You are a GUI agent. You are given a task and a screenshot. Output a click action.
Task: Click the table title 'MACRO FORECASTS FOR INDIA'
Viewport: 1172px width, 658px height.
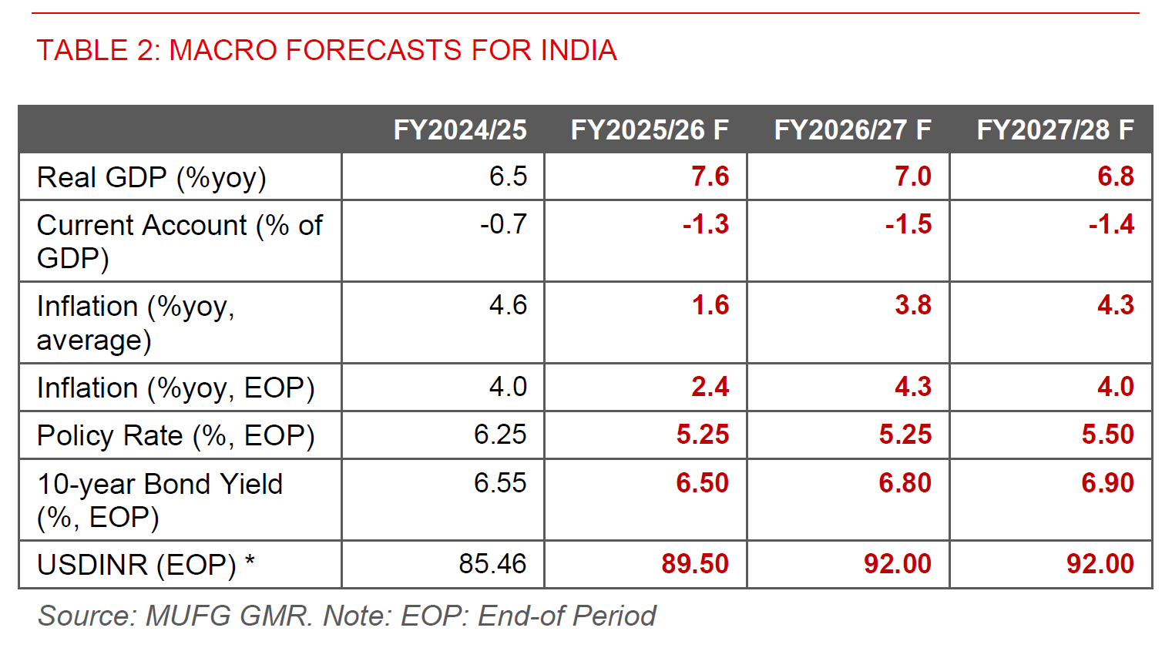(327, 50)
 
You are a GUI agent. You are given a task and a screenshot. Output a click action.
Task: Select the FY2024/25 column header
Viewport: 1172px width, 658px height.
(460, 129)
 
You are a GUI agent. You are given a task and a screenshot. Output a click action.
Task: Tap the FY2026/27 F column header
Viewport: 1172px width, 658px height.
(852, 129)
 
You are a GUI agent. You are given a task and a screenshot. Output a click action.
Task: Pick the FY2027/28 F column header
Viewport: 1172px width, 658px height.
(1055, 129)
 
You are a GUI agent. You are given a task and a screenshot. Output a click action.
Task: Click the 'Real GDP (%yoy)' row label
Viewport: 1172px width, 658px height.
(152, 177)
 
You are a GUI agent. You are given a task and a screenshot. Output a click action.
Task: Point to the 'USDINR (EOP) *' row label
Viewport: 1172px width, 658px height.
(146, 565)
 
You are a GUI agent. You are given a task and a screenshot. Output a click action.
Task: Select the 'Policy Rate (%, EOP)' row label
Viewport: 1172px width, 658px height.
(176, 435)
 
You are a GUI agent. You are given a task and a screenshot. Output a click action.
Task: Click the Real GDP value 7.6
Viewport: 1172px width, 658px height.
(710, 176)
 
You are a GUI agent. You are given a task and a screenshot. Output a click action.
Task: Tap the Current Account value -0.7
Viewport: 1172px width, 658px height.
(503, 224)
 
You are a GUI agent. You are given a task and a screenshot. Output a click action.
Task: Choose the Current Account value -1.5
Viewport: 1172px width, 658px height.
(908, 224)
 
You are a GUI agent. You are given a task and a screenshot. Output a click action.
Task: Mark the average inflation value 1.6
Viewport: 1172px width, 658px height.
(710, 305)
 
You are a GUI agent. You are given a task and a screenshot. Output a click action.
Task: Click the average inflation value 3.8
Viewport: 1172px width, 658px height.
(912, 305)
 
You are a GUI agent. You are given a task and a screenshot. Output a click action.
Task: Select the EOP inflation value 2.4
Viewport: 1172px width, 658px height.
(710, 387)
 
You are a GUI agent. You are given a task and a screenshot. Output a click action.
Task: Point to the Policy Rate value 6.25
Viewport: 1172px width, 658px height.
(499, 435)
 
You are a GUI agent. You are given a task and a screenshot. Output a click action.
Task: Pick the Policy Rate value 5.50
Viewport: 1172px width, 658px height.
(1107, 435)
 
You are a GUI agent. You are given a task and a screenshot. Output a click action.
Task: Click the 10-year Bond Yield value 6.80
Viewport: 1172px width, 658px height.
(905, 483)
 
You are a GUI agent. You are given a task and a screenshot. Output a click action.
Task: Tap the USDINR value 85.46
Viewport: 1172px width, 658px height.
(492, 564)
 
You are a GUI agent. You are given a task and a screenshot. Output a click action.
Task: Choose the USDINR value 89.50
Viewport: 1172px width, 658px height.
(694, 564)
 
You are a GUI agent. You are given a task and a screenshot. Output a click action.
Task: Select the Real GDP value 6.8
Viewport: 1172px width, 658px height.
(1115, 176)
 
